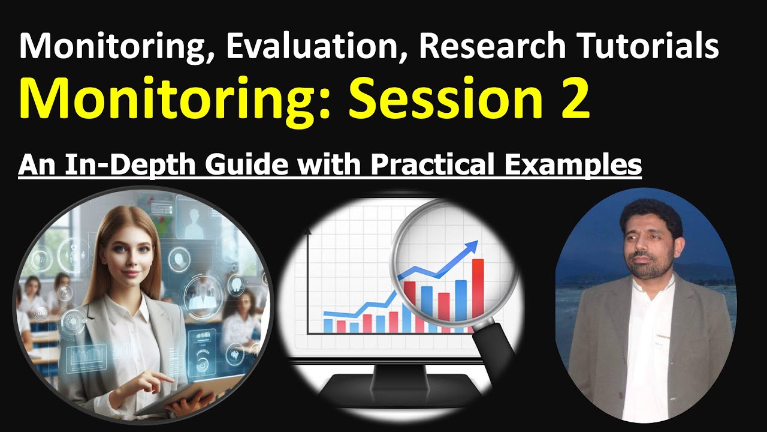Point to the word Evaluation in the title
point(309,47)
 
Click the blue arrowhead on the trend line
point(473,245)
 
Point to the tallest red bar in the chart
point(478,288)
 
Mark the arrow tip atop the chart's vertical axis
point(309,231)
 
